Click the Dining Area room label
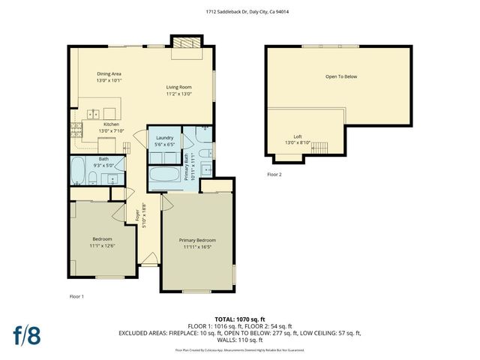(x=109, y=73)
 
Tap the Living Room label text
(x=179, y=87)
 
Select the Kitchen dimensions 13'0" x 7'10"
(x=110, y=130)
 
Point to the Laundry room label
(x=165, y=138)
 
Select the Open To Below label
(x=340, y=76)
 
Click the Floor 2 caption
(x=274, y=175)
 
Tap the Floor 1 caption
(x=76, y=296)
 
